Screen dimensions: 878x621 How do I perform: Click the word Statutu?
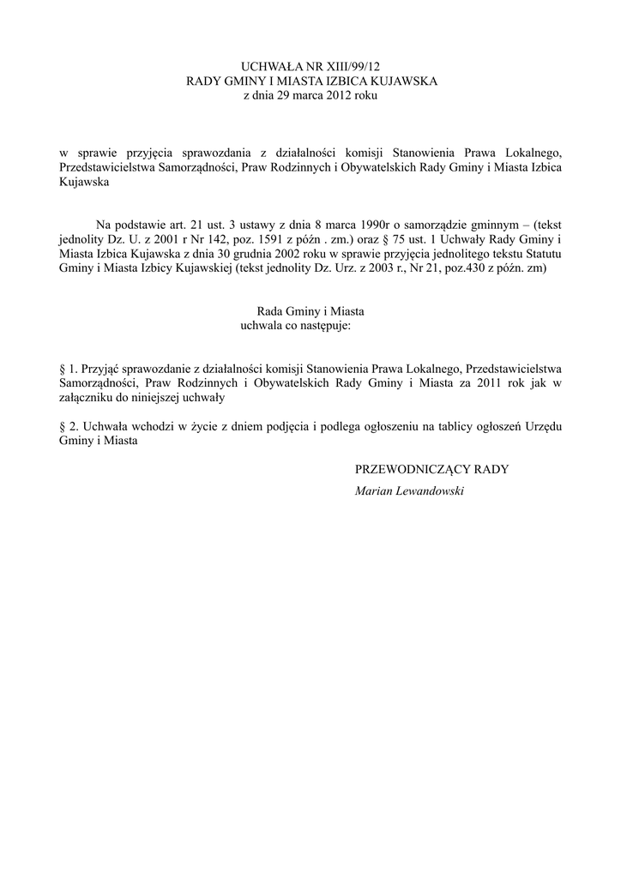click(x=541, y=254)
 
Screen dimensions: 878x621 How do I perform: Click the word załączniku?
click(x=88, y=399)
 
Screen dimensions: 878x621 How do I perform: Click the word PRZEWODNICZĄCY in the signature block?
click(x=407, y=469)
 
